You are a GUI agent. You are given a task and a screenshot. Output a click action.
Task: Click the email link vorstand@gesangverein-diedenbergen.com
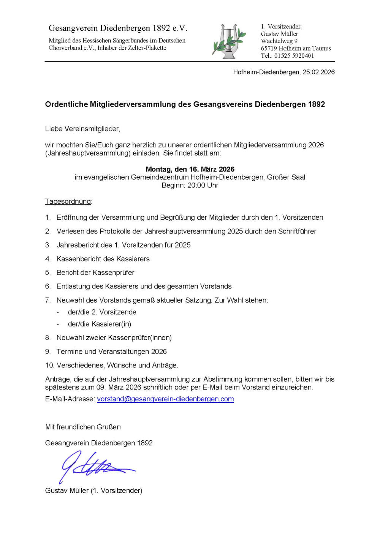pyautogui.click(x=165, y=399)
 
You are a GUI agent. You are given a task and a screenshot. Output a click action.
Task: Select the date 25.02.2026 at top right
pyautogui.click(x=318, y=72)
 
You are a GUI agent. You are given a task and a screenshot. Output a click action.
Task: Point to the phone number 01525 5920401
pyautogui.click(x=294, y=56)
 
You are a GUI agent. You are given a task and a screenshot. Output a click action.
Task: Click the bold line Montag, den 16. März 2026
pyautogui.click(x=190, y=169)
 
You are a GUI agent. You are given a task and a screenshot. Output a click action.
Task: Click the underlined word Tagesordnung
pyautogui.click(x=68, y=202)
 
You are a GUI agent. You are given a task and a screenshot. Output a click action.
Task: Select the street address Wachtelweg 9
pyautogui.click(x=279, y=41)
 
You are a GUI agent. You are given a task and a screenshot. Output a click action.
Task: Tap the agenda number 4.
pyautogui.click(x=47, y=259)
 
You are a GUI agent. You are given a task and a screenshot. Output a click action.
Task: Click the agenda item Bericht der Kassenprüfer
pyautogui.click(x=95, y=273)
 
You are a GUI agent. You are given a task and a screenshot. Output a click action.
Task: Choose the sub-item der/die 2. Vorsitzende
pyautogui.click(x=102, y=312)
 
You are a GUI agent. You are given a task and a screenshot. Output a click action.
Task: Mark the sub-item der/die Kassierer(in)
pyautogui.click(x=99, y=324)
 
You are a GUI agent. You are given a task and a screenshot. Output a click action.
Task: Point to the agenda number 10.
pyautogui.click(x=49, y=365)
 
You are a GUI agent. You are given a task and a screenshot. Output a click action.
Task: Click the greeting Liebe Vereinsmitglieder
pyautogui.click(x=82, y=129)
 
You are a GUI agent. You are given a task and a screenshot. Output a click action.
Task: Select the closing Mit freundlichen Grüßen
pyautogui.click(x=83, y=427)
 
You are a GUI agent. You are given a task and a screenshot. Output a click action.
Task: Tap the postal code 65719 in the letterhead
pyautogui.click(x=269, y=49)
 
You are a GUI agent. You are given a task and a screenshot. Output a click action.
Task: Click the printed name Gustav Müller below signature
pyautogui.click(x=67, y=490)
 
